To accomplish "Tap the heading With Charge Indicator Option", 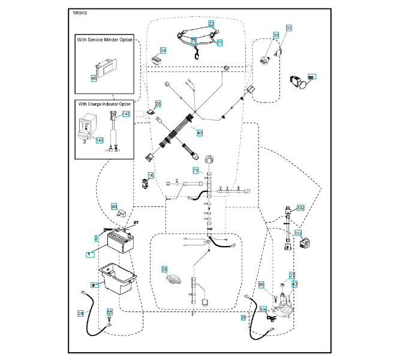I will coord(104,104).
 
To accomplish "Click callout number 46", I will coord(94,77).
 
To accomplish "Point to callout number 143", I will coord(100,140).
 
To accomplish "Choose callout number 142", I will coord(126,113).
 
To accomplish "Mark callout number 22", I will coord(211,23).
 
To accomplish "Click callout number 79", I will coord(194,40).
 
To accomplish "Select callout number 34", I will coord(163,50).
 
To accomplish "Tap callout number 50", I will coord(311,77).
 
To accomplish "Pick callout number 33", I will coord(288,28).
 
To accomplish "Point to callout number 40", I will coord(200,132).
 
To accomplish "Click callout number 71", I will coord(196,171).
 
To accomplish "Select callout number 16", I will coord(151,175).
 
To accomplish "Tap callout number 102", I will coord(300,208).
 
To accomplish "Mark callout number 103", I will coord(297,232).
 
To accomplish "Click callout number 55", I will coord(109,312).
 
